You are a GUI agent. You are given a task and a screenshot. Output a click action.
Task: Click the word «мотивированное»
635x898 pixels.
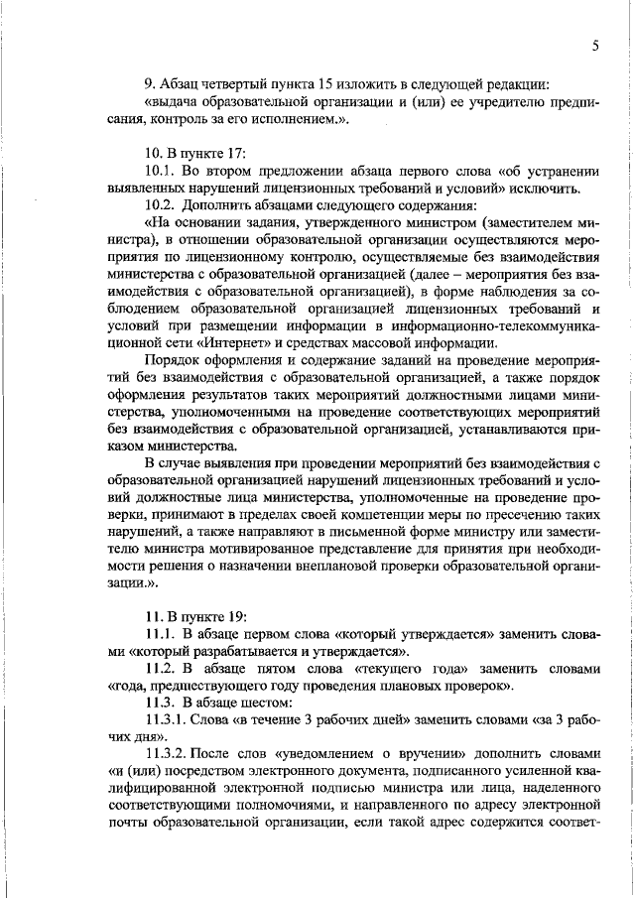point(269,567)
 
